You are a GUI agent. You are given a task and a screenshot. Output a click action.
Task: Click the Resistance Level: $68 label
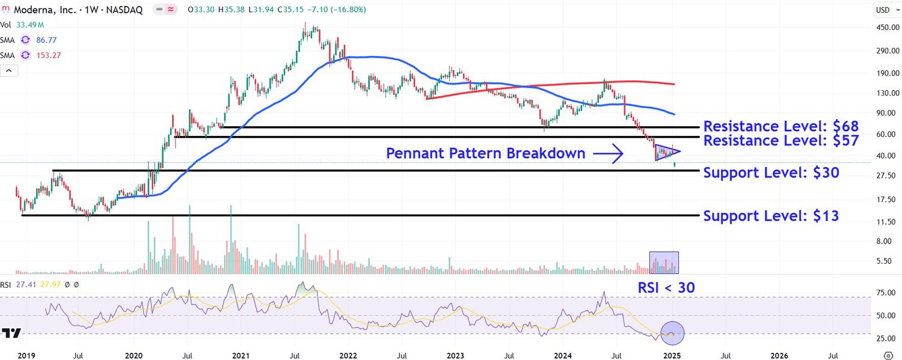coord(781,126)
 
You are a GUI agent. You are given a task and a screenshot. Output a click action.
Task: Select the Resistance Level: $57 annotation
coord(781,141)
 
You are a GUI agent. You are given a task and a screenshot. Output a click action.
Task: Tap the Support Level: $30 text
coord(771,173)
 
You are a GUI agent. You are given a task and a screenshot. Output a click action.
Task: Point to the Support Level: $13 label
coord(771,216)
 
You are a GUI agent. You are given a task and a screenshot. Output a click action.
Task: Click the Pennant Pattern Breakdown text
coord(485,154)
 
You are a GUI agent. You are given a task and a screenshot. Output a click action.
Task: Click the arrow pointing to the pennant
coord(608,154)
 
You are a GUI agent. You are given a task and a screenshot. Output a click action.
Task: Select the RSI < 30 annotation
coord(666,288)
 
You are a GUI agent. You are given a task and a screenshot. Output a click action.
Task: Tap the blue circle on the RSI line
coord(672,332)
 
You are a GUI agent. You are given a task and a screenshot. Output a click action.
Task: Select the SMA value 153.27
coord(49,55)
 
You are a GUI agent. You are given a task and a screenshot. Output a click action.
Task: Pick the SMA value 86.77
coord(46,40)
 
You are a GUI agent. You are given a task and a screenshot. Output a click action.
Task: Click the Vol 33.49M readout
coord(22,25)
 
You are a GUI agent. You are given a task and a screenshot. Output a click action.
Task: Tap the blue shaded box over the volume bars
coord(664,263)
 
